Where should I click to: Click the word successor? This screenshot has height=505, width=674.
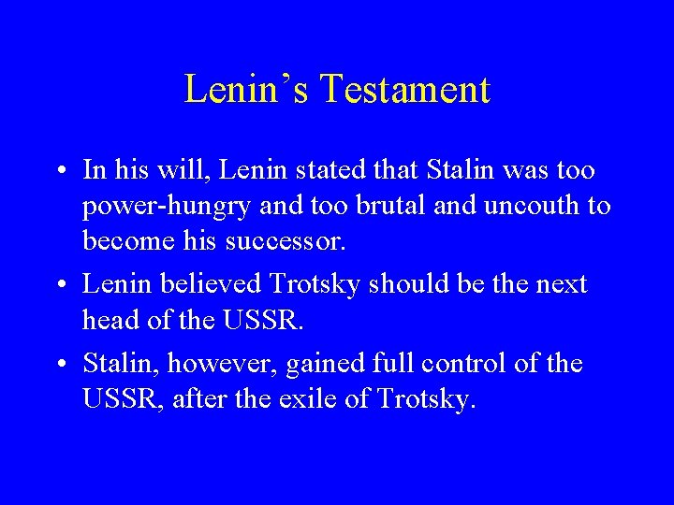[x=287, y=241]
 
